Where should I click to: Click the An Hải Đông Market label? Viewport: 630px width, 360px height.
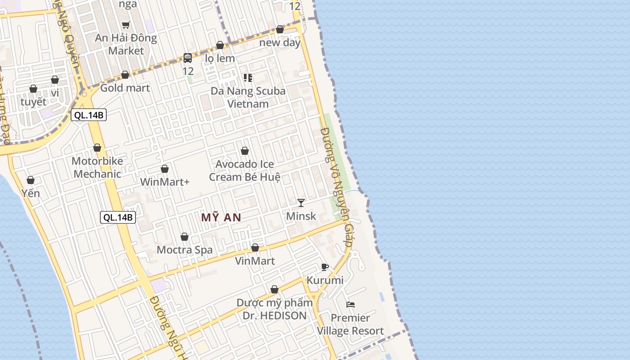click(126, 44)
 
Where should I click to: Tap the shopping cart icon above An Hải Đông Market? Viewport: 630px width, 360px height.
click(126, 25)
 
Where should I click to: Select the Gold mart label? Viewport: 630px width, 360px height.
click(125, 88)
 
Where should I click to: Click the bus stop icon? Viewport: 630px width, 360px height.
click(188, 58)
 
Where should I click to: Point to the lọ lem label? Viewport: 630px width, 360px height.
click(220, 58)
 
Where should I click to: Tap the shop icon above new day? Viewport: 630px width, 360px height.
click(280, 29)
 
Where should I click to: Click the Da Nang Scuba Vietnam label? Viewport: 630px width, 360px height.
click(248, 97)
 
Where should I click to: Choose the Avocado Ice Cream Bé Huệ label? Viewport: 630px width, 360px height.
click(245, 171)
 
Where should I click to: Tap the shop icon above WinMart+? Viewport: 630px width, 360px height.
click(165, 169)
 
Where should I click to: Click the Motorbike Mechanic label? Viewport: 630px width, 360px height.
click(97, 167)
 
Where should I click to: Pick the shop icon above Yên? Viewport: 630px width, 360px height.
click(31, 180)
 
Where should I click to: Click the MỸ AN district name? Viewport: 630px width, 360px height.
click(221, 218)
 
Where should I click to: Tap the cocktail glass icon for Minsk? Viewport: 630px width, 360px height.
click(301, 203)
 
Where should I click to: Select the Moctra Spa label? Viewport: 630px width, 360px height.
click(184, 250)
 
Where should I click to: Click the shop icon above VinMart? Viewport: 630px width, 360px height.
click(255, 247)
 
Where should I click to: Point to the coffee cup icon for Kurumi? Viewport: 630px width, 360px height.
click(325, 267)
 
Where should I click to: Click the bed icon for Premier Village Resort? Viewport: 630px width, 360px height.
click(351, 305)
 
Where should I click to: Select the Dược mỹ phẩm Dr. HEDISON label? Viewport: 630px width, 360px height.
click(274, 309)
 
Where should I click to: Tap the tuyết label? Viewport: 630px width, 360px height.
click(33, 102)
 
